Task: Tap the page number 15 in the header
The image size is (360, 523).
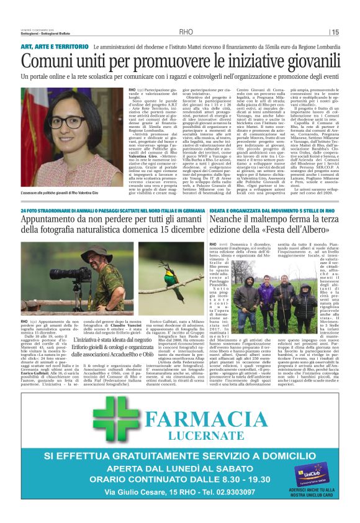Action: point(335,32)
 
